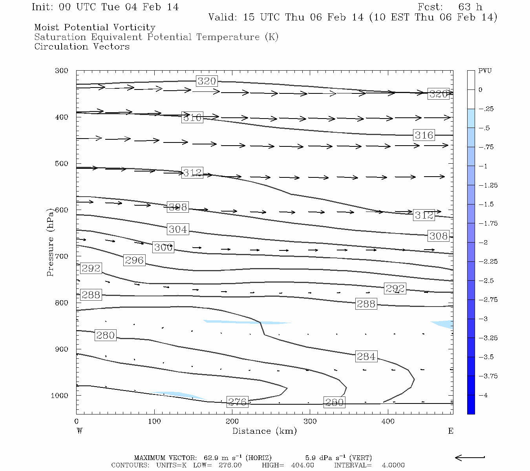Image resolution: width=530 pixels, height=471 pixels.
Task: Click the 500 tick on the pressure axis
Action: [62, 164]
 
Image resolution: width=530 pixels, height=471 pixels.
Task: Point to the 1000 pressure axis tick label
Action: [59, 396]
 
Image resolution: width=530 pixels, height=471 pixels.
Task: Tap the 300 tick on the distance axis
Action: [310, 422]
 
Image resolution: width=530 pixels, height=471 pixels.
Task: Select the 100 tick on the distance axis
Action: [154, 422]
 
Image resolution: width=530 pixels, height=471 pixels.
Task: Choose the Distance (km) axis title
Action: [264, 431]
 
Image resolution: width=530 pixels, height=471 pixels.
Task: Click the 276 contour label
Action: [238, 402]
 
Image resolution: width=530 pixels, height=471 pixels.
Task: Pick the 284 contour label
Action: [366, 356]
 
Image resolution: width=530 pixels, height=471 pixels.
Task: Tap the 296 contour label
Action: [134, 260]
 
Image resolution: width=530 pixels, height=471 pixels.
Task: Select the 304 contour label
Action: [178, 229]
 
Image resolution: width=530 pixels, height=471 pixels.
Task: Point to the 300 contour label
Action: [163, 247]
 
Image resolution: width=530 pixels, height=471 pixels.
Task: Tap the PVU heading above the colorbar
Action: [485, 71]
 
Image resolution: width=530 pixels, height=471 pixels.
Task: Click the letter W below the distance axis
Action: [80, 431]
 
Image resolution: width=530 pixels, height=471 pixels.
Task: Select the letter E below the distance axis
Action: [451, 431]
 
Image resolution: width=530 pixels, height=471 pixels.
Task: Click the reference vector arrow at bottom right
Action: [470, 457]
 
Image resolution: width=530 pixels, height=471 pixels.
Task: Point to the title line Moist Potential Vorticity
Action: [95, 27]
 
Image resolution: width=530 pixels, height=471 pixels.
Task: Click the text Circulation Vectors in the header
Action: [82, 46]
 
